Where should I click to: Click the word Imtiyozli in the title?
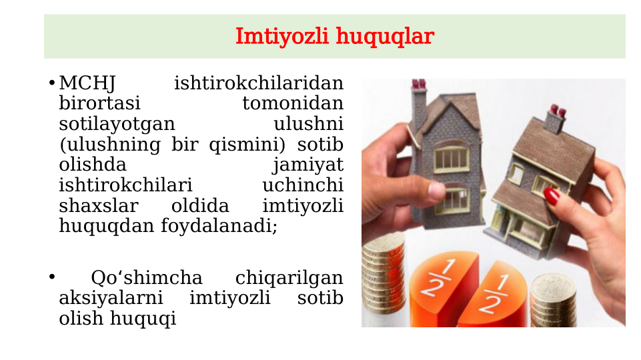282,36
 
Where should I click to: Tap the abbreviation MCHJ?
87,84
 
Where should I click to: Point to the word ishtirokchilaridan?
259,84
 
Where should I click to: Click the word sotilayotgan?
117,125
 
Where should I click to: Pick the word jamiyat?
307,165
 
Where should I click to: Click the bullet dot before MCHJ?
51,84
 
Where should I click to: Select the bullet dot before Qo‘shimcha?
51,277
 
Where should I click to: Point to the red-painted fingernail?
552,195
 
